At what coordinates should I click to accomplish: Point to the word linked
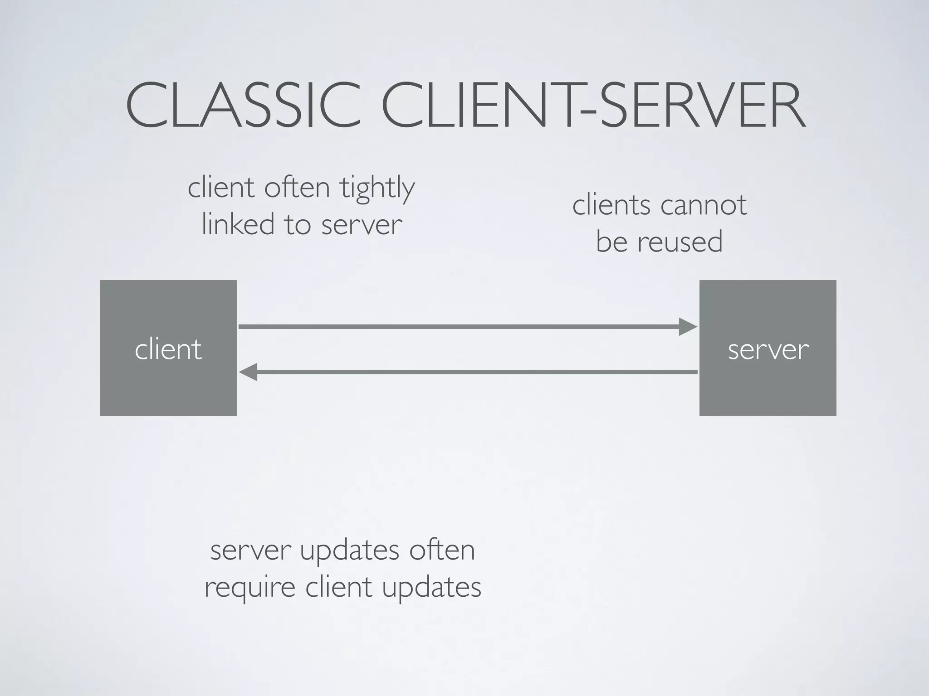238,224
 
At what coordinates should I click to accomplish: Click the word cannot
704,205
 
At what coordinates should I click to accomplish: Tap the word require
250,588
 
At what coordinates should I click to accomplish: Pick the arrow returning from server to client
476,372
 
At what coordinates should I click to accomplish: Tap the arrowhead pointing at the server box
688,327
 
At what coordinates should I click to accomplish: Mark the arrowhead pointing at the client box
248,372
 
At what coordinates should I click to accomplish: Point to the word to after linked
298,224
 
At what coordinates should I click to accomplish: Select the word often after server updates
442,550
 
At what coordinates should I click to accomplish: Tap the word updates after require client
431,588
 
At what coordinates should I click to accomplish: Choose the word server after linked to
362,225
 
